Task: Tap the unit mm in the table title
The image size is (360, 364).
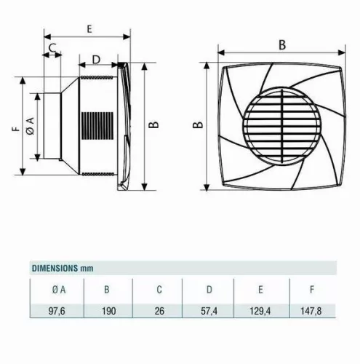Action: coord(88,267)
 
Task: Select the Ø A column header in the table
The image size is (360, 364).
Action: coord(59,289)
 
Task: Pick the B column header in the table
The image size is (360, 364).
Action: coord(107,289)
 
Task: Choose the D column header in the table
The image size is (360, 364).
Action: coord(209,289)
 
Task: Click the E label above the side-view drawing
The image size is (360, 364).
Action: coord(88,28)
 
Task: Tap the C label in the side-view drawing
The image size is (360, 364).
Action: coord(52,47)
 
